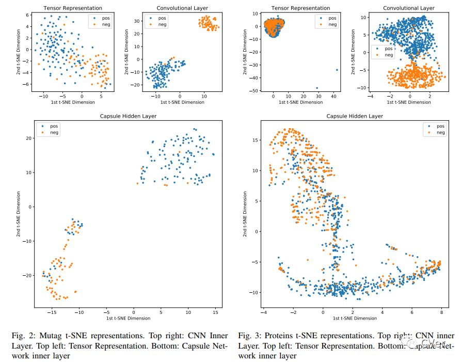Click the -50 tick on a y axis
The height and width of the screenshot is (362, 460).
(x=253, y=91)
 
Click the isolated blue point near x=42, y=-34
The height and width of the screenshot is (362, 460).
(x=337, y=70)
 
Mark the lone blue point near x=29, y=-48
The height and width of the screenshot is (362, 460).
(x=317, y=88)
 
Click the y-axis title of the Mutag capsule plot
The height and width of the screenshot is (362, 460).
(x=19, y=213)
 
